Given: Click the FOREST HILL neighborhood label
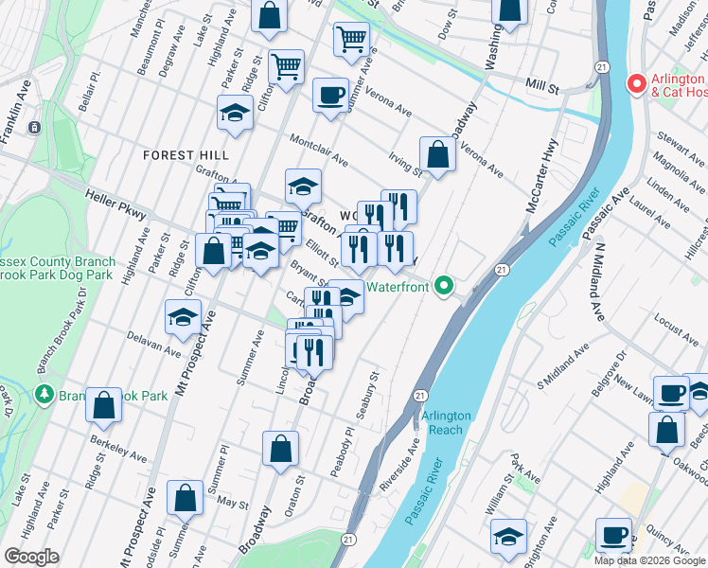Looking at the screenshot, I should pyautogui.click(x=186, y=155).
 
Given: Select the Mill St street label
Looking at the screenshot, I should pyautogui.click(x=542, y=86).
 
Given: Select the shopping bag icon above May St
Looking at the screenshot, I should pyautogui.click(x=186, y=497).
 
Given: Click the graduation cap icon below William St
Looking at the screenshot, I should pyautogui.click(x=509, y=536).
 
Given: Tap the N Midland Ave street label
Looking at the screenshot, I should pyautogui.click(x=597, y=280).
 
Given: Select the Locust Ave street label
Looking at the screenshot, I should pyautogui.click(x=656, y=334).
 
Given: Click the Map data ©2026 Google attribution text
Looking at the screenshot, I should pyautogui.click(x=649, y=560).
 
